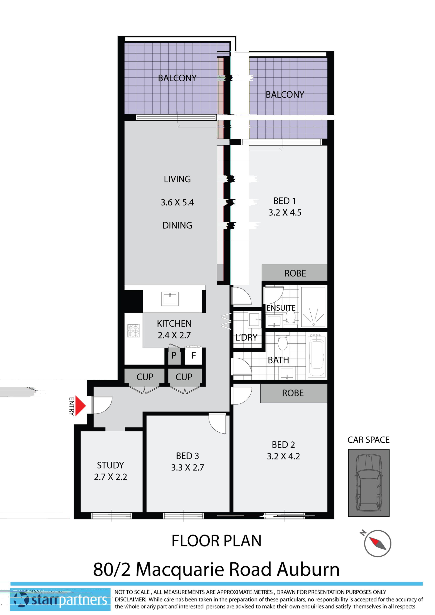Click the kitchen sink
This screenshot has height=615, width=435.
(170, 299)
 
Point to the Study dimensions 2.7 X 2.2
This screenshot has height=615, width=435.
(110, 477)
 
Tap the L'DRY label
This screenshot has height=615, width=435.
(246, 337)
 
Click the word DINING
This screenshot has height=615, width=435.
(177, 225)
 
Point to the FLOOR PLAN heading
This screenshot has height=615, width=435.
(216, 541)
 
